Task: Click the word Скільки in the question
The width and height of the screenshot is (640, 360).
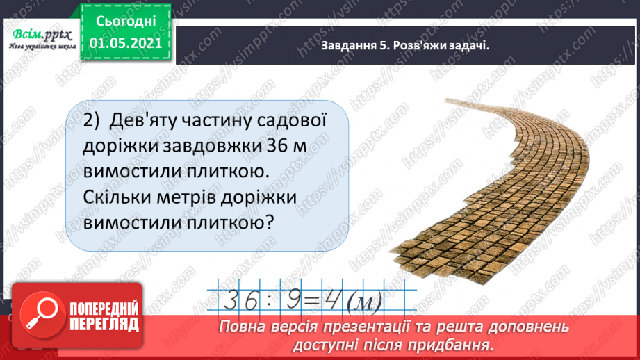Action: pos(123,197)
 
